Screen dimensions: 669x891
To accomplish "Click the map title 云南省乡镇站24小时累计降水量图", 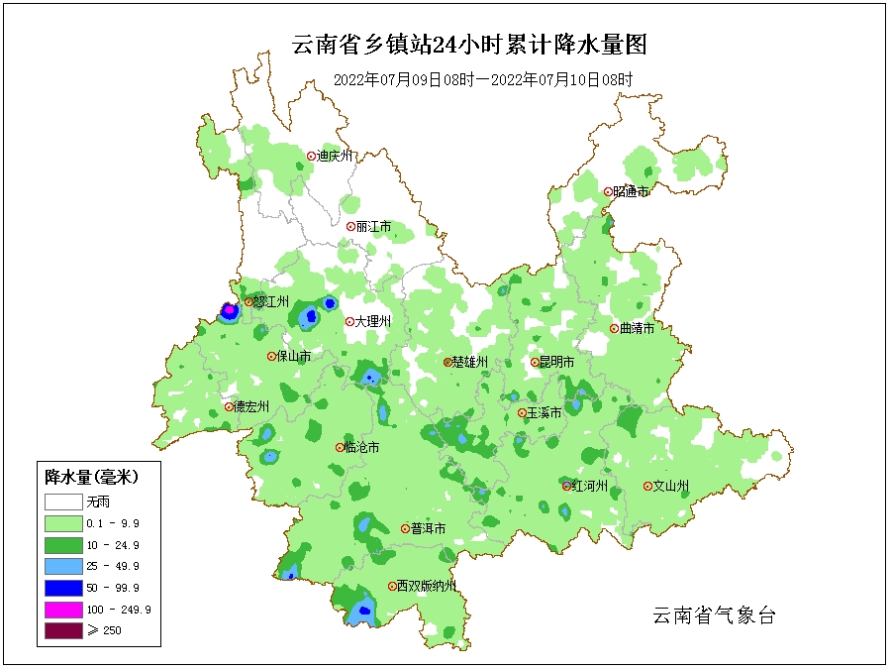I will pos(470,44).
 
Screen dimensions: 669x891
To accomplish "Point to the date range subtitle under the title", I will pos(482,80).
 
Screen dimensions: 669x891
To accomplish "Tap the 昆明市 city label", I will pos(555,363).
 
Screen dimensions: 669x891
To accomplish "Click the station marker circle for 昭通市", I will pos(608,191).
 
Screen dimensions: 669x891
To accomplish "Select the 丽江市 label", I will pos(373,227).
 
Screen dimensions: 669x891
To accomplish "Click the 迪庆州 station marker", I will pos(311,156).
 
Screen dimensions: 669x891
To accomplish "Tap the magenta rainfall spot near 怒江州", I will pos(230,310).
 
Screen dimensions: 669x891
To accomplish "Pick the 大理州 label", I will pos(373,322).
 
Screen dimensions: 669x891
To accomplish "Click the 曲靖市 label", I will pos(636,329).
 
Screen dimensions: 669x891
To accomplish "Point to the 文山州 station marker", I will pos(647,486).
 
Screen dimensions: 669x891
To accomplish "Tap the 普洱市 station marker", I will pos(405,528).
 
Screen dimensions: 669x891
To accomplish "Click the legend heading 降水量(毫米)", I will pos(91,478).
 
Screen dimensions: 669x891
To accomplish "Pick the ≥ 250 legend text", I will pos(104,630).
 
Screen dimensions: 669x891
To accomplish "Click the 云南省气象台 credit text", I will pos(714,615).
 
